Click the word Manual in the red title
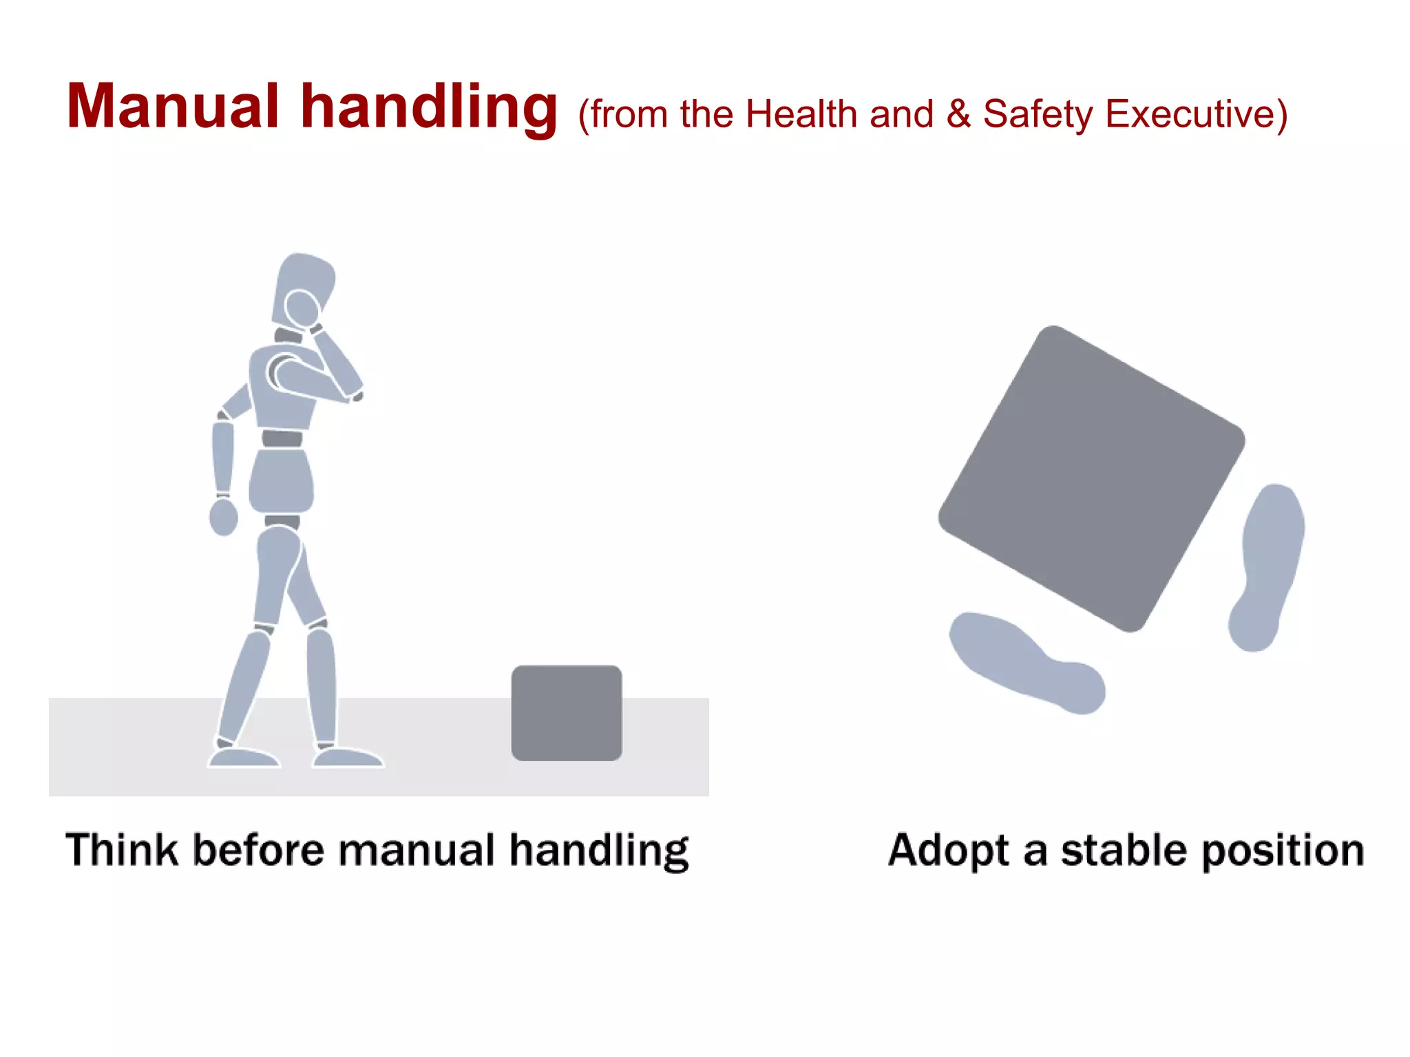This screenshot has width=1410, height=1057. [x=172, y=107]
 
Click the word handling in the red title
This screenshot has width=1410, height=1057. [x=428, y=109]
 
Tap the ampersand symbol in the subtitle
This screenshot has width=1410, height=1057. [x=958, y=114]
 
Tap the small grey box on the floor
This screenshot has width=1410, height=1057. [x=566, y=713]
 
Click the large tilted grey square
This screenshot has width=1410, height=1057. [x=1091, y=478]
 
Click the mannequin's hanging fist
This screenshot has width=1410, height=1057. [x=223, y=517]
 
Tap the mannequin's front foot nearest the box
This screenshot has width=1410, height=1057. [x=348, y=757]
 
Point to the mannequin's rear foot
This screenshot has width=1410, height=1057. [x=244, y=757]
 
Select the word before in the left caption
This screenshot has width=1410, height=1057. [x=257, y=849]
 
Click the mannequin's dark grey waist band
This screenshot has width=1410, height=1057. [x=282, y=438]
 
